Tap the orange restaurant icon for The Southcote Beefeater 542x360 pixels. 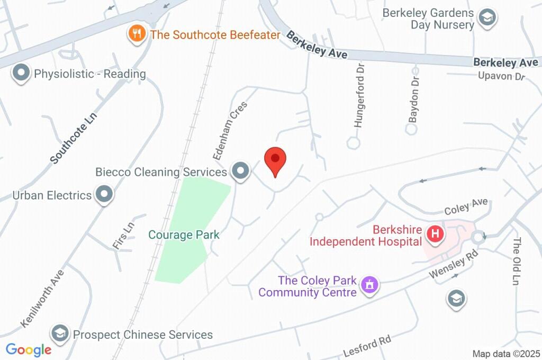137,34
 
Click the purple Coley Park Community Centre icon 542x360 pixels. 369,285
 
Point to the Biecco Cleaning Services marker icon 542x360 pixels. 241,171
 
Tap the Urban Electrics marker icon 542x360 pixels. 104,194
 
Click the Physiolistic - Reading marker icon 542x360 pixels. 22,73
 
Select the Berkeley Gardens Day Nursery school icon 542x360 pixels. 485,17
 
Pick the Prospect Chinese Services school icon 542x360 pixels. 60,334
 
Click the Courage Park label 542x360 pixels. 184,235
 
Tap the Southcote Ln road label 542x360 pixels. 75,137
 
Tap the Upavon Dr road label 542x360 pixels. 501,76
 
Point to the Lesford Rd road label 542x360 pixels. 367,346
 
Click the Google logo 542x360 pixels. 29,349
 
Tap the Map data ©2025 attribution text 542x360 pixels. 506,354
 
